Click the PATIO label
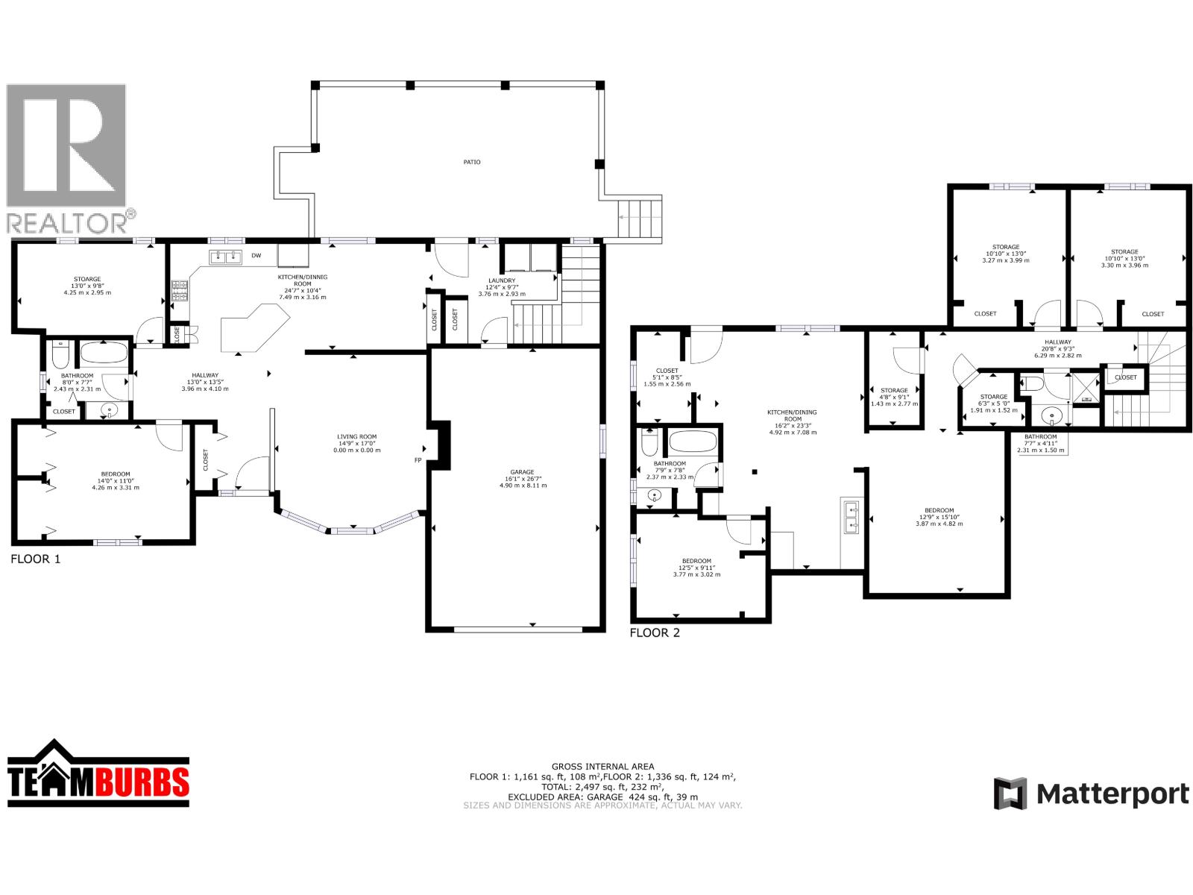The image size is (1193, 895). (471, 162)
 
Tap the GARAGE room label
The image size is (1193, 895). (522, 472)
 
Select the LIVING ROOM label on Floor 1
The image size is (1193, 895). (356, 437)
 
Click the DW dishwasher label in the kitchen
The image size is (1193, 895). (256, 256)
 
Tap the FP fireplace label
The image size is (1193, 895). (418, 460)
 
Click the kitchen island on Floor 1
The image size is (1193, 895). (254, 328)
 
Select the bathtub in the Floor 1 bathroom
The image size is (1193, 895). (104, 352)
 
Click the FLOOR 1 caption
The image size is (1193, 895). (35, 559)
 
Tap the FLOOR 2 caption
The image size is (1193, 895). (655, 633)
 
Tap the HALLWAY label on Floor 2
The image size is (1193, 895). (1057, 342)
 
